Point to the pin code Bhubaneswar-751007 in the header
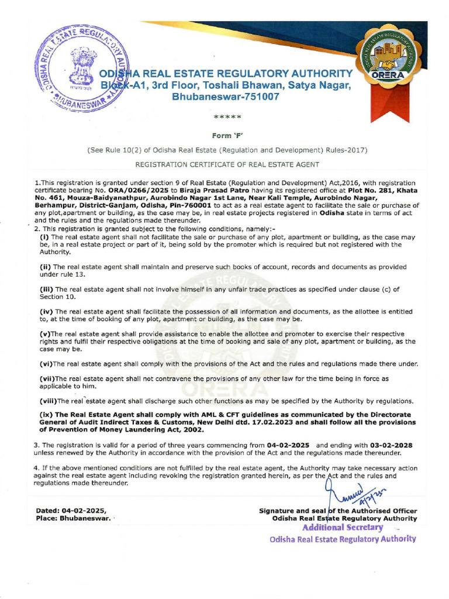(226, 97)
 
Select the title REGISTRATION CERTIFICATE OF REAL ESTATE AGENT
(227, 166)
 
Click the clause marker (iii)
(46, 289)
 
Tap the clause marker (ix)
(46, 415)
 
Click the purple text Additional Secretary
(343, 528)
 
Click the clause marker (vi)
(46, 364)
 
